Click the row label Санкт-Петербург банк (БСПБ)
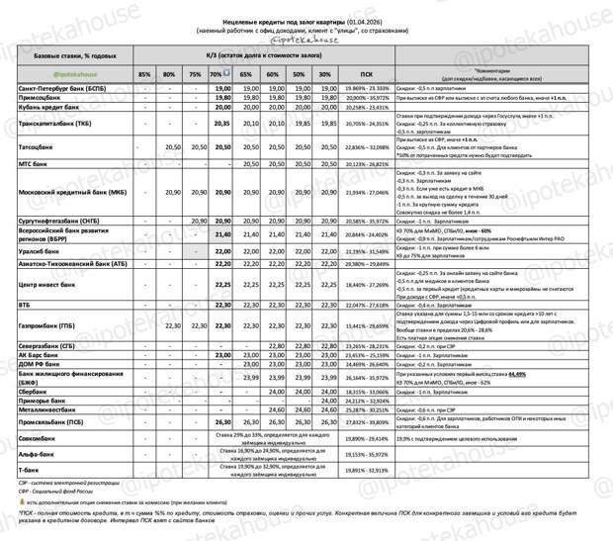pos(61,88)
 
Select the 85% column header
pos(144,74)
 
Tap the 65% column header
pos(248,74)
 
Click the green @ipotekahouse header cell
pos(58,74)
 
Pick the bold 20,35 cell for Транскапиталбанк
pos(221,124)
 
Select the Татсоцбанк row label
pos(40,145)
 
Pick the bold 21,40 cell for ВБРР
pos(221,234)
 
